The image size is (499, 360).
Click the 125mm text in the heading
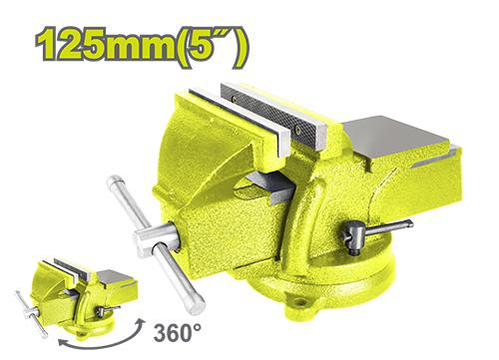click(x=105, y=44)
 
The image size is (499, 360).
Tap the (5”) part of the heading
click(x=212, y=47)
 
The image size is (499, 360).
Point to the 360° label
click(x=178, y=332)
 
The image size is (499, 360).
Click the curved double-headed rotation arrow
click(x=100, y=341)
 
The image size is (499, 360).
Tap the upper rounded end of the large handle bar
click(x=113, y=181)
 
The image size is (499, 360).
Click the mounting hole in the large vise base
click(x=300, y=301)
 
